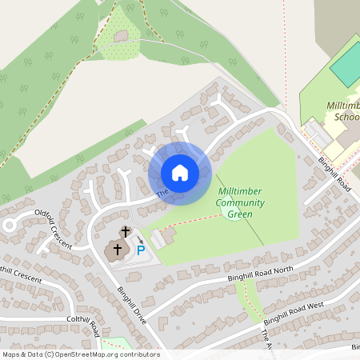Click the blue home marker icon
point(179,173)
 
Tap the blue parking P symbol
point(141,251)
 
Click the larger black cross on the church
point(118,249)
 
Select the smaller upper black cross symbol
point(125,232)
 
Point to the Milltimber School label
point(343,111)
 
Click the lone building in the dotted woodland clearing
point(121,37)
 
